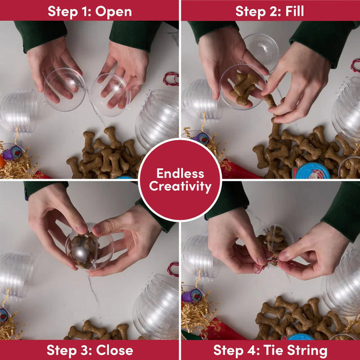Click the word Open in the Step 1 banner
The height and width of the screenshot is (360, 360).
pyautogui.click(x=114, y=12)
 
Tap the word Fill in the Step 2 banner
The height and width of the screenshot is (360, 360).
pyautogui.click(x=295, y=11)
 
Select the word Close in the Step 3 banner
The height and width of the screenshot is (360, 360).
pyautogui.click(x=115, y=350)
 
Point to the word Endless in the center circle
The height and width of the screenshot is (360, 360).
pyautogui.click(x=180, y=173)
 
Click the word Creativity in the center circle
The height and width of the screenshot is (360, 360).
pyautogui.click(x=180, y=186)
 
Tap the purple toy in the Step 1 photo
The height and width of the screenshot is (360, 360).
pyautogui.click(x=12, y=153)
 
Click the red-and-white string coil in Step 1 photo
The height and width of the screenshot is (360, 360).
pyautogui.click(x=171, y=79)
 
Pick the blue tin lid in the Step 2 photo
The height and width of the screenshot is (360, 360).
pyautogui.click(x=311, y=171)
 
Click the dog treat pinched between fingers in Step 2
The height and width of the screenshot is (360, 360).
pyautogui.click(x=270, y=102)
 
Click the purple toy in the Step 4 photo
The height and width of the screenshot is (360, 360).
pyautogui.click(x=192, y=295)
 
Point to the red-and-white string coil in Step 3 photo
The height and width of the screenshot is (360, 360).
pyautogui.click(x=173, y=269)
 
